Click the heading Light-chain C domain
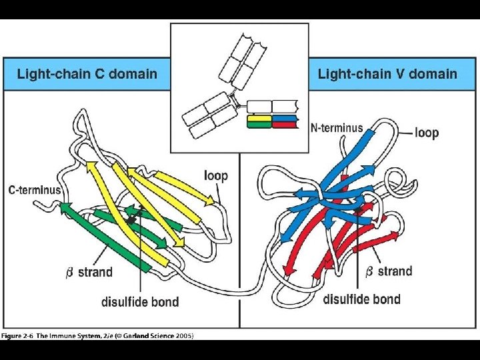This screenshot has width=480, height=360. pyautogui.click(x=87, y=74)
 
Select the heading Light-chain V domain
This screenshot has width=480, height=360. pyautogui.click(x=387, y=74)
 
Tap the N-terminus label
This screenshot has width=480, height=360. pyautogui.click(x=337, y=127)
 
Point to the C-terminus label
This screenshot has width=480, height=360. pyautogui.click(x=34, y=190)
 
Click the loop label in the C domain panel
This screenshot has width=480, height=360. pyautogui.click(x=215, y=176)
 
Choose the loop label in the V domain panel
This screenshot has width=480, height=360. pyautogui.click(x=427, y=132)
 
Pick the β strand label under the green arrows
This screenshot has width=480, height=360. pyautogui.click(x=89, y=272)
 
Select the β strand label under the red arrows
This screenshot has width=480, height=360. pyautogui.click(x=389, y=271)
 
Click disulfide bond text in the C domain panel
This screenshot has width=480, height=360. pyautogui.click(x=140, y=301)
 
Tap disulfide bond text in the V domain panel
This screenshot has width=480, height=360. pyautogui.click(x=361, y=299)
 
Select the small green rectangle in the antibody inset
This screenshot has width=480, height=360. pyautogui.click(x=259, y=125)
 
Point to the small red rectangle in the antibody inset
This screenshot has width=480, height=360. pyautogui.click(x=285, y=125)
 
